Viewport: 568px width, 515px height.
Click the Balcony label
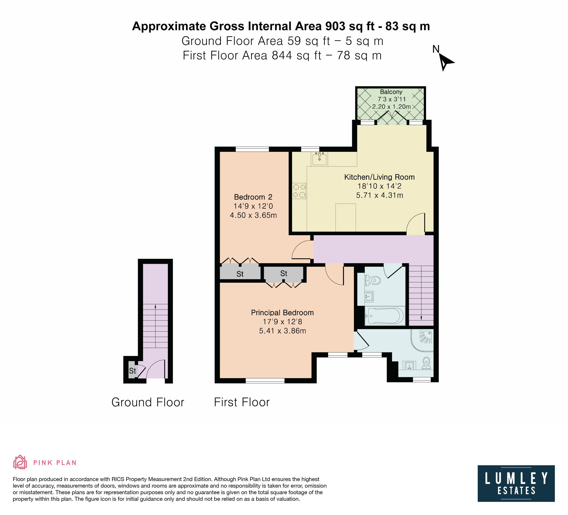(391, 92)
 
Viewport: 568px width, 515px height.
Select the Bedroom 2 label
(253, 197)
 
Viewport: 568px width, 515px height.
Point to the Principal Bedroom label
(282, 313)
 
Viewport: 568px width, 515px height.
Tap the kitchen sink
(319, 159)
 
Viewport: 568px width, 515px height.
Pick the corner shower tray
(422, 341)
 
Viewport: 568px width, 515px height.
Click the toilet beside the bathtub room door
(373, 280)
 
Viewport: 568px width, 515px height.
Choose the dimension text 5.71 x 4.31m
(380, 195)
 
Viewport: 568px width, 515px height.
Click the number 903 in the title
(335, 26)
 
